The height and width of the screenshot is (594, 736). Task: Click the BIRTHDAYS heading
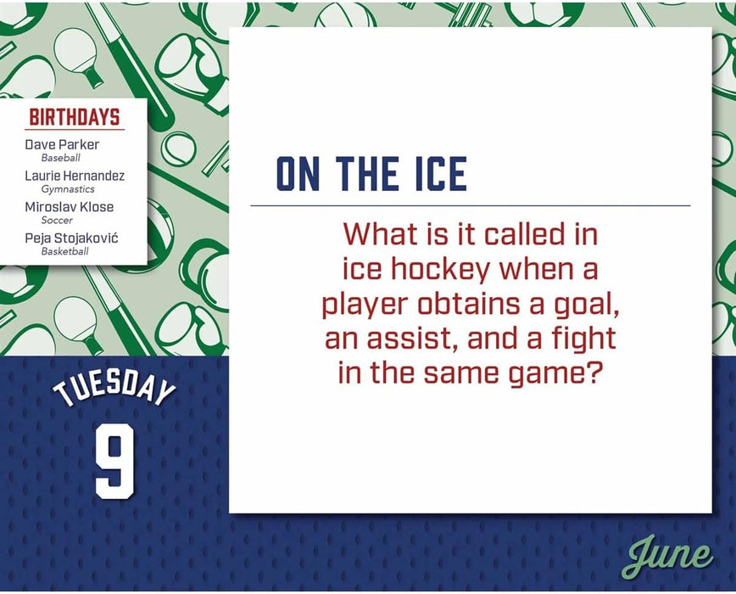tap(75, 117)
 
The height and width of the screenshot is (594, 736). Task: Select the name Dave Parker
tap(62, 144)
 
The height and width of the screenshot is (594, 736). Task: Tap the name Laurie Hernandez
tap(75, 176)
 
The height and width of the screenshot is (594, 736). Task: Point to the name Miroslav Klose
tap(69, 207)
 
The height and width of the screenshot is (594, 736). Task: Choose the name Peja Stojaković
tap(71, 238)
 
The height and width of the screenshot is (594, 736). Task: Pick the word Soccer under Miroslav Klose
tap(57, 220)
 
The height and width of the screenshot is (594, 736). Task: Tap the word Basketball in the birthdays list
tap(64, 251)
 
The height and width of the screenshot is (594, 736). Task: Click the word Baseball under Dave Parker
tap(60, 158)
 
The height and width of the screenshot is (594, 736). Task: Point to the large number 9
tap(114, 462)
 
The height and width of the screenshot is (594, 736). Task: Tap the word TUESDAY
tap(114, 389)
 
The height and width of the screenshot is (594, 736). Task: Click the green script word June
tap(669, 556)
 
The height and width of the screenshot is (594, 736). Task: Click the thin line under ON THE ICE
tap(471, 205)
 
